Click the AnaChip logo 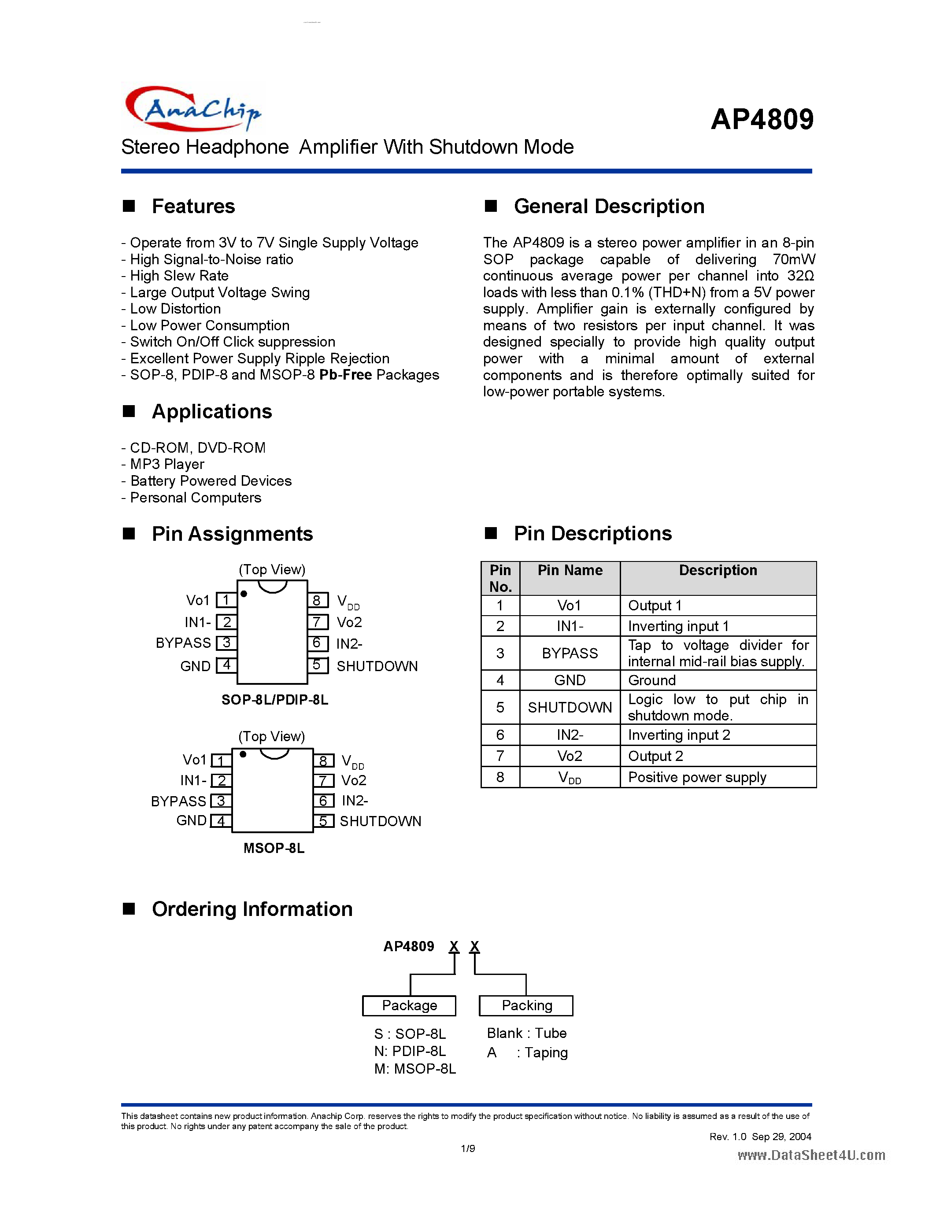click(x=192, y=109)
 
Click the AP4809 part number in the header click(x=762, y=119)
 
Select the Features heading click(x=193, y=206)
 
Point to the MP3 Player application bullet click(x=167, y=464)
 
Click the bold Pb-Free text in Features click(x=345, y=375)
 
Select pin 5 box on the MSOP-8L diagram click(x=324, y=821)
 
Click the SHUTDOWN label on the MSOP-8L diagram click(x=381, y=821)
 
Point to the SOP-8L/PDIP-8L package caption click(x=274, y=700)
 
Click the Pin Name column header click(x=570, y=571)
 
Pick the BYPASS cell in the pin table click(x=570, y=653)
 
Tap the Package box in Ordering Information click(x=409, y=1006)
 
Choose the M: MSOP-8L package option click(x=415, y=1068)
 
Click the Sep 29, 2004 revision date click(x=781, y=1137)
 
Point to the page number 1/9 click(x=467, y=1148)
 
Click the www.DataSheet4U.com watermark click(x=810, y=1155)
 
